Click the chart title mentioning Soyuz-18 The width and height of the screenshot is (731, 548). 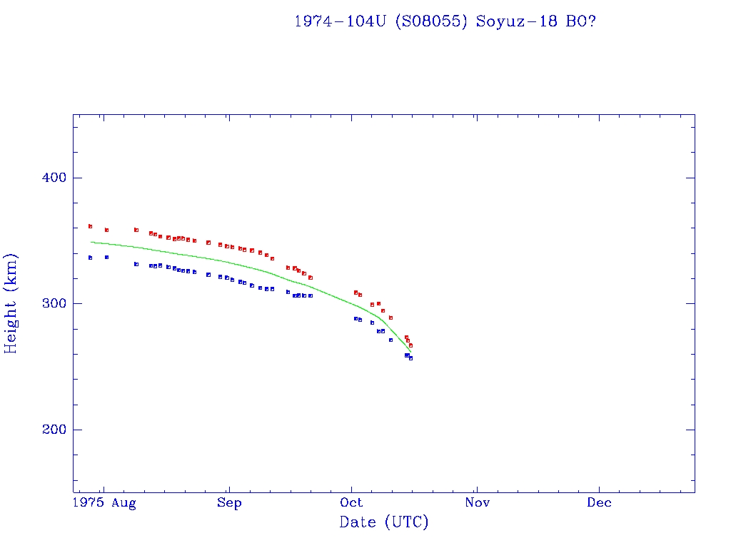click(x=445, y=21)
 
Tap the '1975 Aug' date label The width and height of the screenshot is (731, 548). click(x=105, y=503)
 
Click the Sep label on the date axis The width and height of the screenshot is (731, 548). click(x=229, y=503)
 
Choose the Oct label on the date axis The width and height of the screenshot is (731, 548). click(x=351, y=503)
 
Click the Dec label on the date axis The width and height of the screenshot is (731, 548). click(x=599, y=503)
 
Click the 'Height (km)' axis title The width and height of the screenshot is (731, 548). click(x=11, y=303)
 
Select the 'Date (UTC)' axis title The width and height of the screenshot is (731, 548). click(x=384, y=523)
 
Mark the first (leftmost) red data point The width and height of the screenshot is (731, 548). click(x=90, y=226)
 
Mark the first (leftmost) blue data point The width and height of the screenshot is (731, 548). click(x=90, y=258)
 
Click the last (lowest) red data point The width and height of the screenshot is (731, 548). click(x=410, y=345)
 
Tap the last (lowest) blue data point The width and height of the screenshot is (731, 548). click(x=410, y=358)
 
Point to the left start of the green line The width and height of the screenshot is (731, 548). click(x=91, y=243)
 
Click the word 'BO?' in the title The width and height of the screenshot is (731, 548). click(x=581, y=21)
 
